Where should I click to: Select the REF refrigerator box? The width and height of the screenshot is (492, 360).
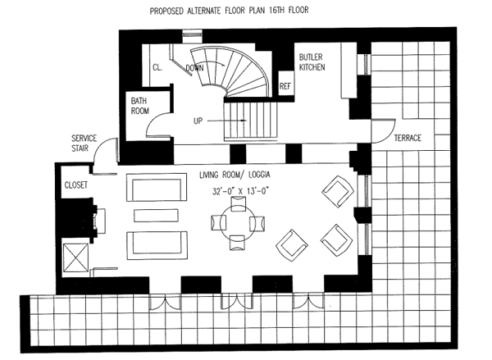286,85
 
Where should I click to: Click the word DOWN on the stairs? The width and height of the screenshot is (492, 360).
195,67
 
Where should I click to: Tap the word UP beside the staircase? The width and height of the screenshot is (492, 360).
198,120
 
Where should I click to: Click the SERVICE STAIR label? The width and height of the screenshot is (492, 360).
85,144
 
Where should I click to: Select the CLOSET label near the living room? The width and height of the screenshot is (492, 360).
76,185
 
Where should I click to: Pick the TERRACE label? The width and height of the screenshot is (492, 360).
406,138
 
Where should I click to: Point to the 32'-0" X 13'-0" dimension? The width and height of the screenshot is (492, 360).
238,194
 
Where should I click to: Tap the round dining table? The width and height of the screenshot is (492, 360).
239,221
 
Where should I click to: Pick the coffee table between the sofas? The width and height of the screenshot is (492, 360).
155,216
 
